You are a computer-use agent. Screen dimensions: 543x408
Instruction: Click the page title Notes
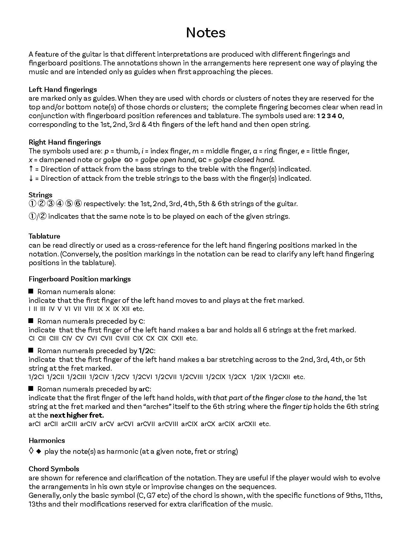click(206, 33)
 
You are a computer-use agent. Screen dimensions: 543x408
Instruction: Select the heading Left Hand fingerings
click(63, 89)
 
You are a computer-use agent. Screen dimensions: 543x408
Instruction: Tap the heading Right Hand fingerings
click(65, 142)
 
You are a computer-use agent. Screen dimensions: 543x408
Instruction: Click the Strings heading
click(40, 195)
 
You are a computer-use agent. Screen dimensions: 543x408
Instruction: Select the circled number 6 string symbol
click(78, 204)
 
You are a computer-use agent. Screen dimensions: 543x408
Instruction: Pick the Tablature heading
click(44, 236)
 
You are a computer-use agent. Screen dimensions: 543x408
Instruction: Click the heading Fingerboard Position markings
click(80, 279)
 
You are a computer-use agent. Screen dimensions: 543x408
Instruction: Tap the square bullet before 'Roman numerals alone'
click(31, 291)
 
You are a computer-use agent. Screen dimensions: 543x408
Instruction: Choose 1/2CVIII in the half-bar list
click(191, 377)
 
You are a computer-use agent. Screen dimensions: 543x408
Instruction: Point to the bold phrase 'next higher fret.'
click(77, 415)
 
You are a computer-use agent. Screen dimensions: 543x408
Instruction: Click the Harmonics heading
click(47, 441)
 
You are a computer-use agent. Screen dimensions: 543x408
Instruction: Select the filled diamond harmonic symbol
click(38, 451)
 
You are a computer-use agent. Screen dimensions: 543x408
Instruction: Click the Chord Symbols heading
click(54, 469)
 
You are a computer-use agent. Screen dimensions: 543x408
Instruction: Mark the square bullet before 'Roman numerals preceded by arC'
click(31, 389)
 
